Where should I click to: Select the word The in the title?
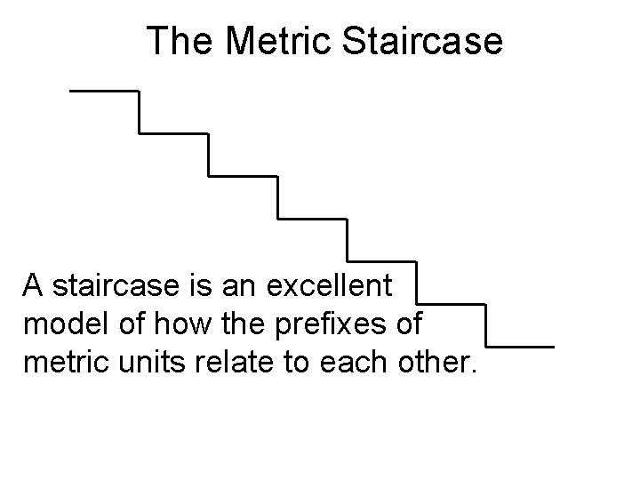[x=178, y=41]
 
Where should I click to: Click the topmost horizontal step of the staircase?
[x=104, y=91]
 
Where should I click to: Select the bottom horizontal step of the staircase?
[x=520, y=346]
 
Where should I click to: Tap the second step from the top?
[x=173, y=133]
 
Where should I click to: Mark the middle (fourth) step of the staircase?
[x=312, y=218]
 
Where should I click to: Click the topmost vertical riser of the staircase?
[x=139, y=112]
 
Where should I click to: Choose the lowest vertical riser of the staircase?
[x=485, y=325]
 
